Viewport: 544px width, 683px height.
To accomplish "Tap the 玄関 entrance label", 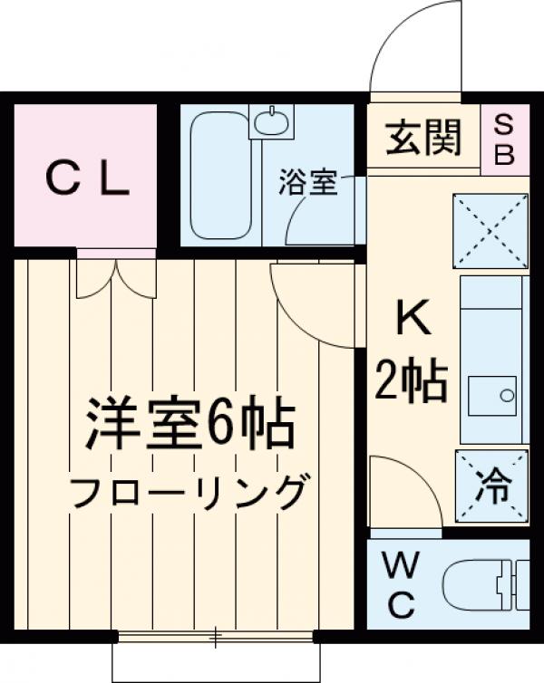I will pyautogui.click(x=423, y=139).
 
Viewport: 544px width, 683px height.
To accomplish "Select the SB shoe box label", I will pyautogui.click(x=504, y=139).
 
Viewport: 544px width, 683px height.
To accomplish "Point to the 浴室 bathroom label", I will pyautogui.click(x=307, y=183).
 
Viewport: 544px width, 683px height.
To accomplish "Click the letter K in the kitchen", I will pyautogui.click(x=411, y=318).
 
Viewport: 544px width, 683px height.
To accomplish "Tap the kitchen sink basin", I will pyautogui.click(x=493, y=395).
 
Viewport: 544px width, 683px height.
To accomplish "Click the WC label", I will pyautogui.click(x=402, y=587).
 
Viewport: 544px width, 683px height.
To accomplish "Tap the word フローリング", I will pyautogui.click(x=187, y=495).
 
